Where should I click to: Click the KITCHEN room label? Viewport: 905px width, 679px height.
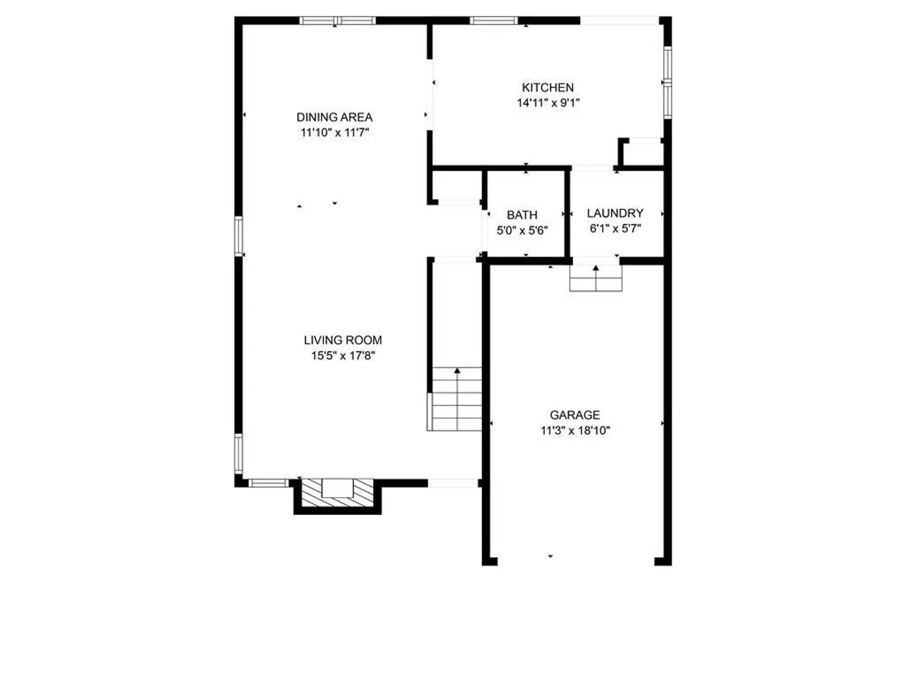click(x=547, y=87)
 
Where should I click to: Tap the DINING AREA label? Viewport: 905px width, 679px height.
click(x=334, y=117)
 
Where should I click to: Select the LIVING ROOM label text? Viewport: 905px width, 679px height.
click(x=343, y=340)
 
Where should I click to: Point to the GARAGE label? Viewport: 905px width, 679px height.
click(x=575, y=415)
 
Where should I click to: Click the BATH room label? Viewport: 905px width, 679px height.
click(x=522, y=215)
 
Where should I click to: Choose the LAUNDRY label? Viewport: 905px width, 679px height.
click(x=615, y=213)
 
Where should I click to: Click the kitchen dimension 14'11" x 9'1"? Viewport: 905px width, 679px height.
click(x=549, y=102)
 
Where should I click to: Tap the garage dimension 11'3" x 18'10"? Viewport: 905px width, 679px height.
click(x=575, y=431)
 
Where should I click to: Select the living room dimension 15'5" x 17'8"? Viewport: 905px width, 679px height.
click(x=343, y=355)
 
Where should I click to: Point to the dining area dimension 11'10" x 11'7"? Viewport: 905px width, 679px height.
click(x=334, y=133)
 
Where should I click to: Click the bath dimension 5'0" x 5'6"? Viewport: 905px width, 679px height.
click(x=522, y=231)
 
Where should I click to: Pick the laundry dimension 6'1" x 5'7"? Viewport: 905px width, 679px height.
click(x=615, y=228)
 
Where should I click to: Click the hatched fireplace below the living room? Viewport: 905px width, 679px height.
click(x=337, y=493)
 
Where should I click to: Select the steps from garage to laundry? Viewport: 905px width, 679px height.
click(x=596, y=279)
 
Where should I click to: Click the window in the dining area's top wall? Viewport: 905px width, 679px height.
click(x=337, y=21)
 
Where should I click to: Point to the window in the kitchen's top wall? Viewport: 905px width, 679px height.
click(x=493, y=21)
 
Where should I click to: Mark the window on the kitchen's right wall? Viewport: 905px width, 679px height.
click(x=667, y=82)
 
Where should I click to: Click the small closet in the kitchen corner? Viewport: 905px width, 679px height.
click(x=641, y=153)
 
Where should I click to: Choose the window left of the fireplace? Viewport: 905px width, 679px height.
click(x=268, y=483)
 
